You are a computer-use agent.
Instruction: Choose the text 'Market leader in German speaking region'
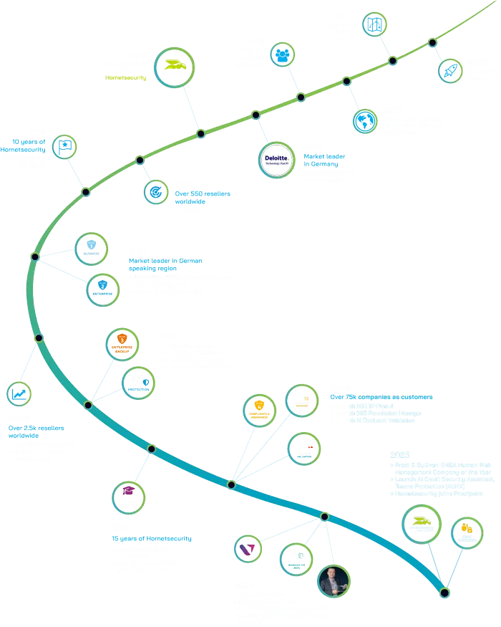tap(166, 264)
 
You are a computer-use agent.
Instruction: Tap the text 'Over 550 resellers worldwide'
tap(203, 198)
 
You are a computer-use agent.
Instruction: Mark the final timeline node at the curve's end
tap(444, 592)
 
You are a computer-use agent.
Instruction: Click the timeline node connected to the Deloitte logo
tap(256, 115)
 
